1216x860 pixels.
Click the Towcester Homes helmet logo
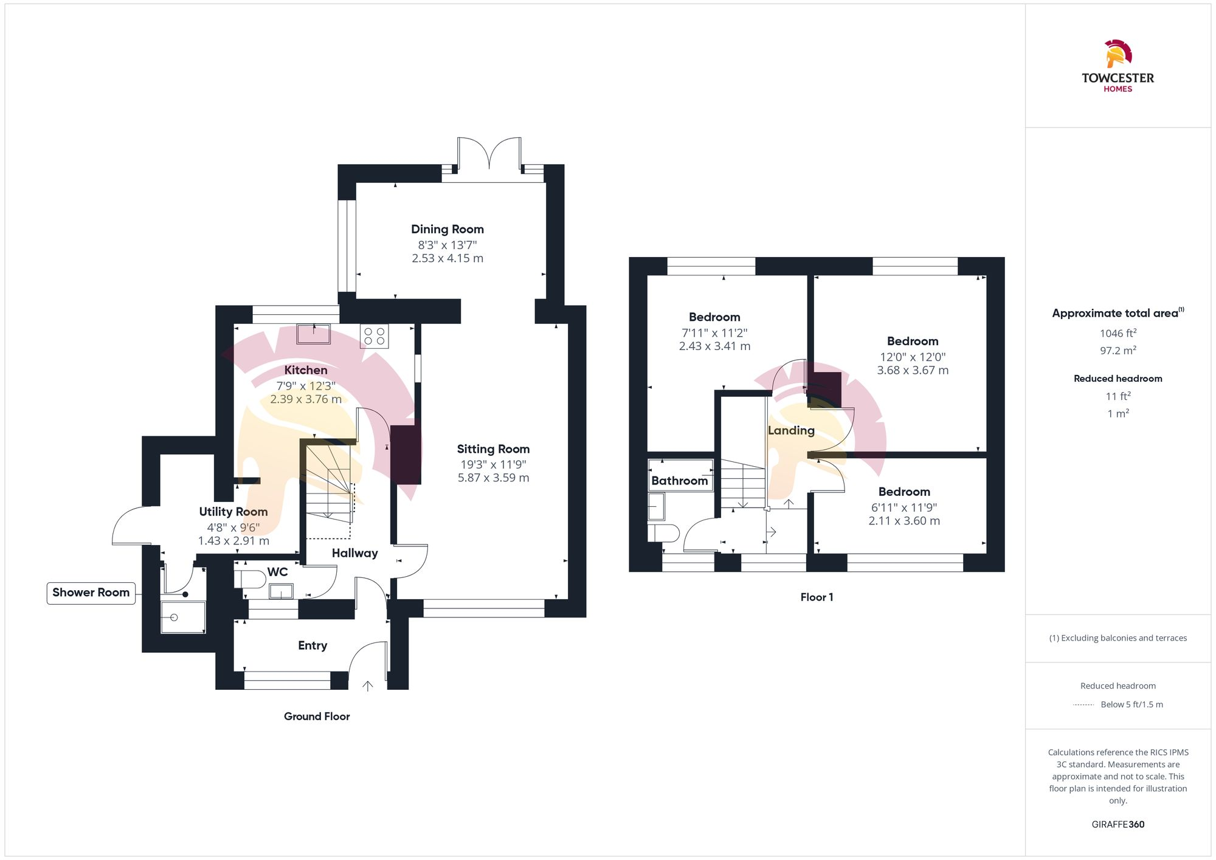tap(1118, 54)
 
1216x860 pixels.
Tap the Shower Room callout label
tap(91, 593)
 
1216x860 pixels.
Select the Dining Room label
tap(447, 229)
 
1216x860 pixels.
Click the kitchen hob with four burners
tap(374, 336)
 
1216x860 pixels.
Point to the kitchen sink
tap(313, 334)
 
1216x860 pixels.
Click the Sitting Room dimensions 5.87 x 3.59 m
tap(493, 478)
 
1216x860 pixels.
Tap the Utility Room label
tap(233, 512)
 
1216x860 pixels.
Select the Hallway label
tap(354, 553)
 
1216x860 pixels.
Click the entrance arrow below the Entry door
tap(367, 686)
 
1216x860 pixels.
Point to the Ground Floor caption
tap(317, 717)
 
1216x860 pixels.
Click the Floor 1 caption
tap(817, 597)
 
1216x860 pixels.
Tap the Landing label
tap(791, 430)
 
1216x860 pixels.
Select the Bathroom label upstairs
tap(679, 481)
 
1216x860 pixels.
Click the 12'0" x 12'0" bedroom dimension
tap(913, 357)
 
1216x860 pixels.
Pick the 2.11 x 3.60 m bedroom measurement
tap(904, 521)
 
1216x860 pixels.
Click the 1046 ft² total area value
tap(1118, 333)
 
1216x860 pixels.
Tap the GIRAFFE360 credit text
tap(1118, 825)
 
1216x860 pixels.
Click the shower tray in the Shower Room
tap(182, 617)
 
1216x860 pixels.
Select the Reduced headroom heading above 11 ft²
tap(1118, 379)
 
